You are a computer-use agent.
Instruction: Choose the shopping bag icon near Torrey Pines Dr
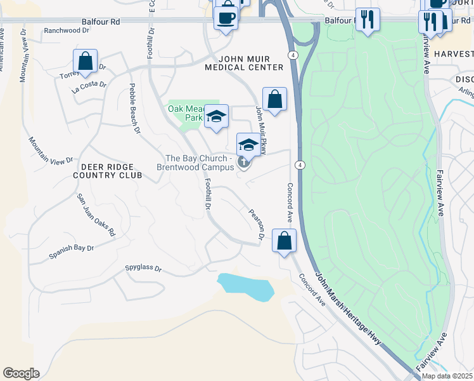pos(85,62)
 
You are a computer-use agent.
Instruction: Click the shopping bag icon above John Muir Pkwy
pos(274,99)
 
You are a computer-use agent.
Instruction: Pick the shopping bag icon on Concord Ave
pos(285,241)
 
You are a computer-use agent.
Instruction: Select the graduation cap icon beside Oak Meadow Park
pos(216,116)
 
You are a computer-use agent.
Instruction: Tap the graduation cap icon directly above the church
pos(248,145)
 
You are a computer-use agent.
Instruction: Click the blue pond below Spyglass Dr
pos(246,286)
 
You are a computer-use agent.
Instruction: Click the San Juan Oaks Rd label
pos(96,215)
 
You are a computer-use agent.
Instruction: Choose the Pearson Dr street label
pos(256,225)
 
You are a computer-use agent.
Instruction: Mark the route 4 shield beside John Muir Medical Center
pos(292,55)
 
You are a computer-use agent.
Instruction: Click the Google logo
pos(21,373)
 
